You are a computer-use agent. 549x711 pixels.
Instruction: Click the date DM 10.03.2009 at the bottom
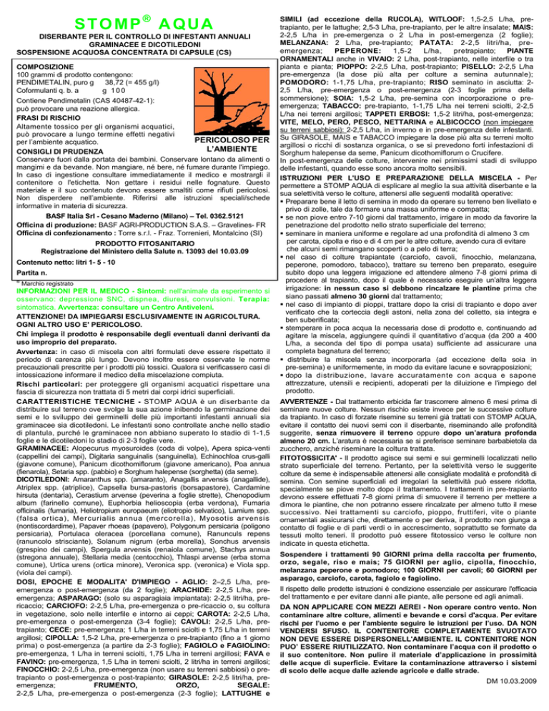(x=508, y=700)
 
